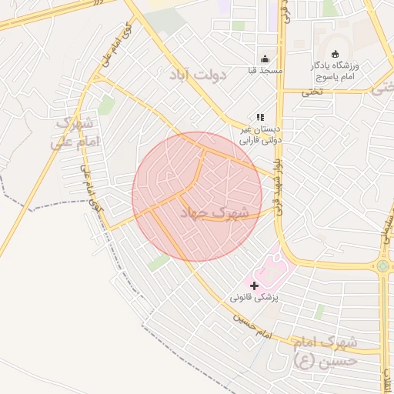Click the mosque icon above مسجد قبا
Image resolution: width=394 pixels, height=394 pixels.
coord(265,59)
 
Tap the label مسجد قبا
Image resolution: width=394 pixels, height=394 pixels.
coord(262,71)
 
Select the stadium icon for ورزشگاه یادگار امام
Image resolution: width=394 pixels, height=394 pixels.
coord(334,54)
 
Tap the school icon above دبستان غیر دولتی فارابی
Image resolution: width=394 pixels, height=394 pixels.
coord(259,117)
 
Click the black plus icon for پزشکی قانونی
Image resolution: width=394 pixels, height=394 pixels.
coord(255,285)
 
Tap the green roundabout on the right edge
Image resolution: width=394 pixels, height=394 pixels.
coord(383,267)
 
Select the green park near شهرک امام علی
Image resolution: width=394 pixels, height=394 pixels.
coord(106,105)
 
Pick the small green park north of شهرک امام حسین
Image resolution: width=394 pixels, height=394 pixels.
coord(319,311)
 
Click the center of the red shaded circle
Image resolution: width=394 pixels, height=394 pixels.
coord(197,196)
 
